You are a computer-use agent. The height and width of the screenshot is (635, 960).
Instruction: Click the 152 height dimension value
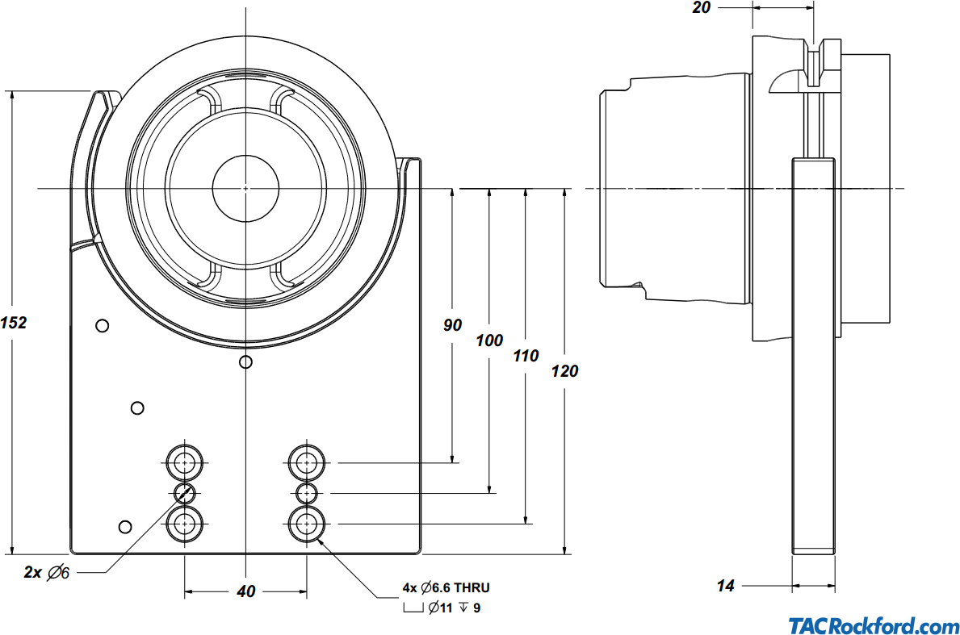click(x=15, y=323)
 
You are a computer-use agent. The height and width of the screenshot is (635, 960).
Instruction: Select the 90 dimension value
click(x=453, y=325)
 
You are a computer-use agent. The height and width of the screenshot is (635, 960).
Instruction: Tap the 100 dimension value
click(x=489, y=340)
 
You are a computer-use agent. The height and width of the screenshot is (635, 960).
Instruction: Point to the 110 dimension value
click(x=526, y=356)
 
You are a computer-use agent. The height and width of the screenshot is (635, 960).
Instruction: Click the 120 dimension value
click(x=564, y=371)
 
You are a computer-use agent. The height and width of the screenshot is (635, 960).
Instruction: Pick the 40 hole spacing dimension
click(x=246, y=591)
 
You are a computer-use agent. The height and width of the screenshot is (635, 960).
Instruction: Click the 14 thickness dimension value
click(x=726, y=587)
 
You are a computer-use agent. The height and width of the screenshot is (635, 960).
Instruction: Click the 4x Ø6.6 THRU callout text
click(x=446, y=588)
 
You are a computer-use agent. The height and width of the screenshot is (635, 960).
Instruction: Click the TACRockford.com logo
click(x=874, y=626)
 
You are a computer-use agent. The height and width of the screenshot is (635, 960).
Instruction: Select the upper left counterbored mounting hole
click(x=186, y=463)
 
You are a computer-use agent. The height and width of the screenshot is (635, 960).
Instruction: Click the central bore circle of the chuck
click(x=245, y=188)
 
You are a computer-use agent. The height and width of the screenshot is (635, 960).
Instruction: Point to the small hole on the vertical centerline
click(x=246, y=362)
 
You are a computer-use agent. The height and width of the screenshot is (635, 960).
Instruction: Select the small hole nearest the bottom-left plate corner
click(x=124, y=527)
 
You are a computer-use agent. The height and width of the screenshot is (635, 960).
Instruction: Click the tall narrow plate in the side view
click(x=812, y=355)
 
